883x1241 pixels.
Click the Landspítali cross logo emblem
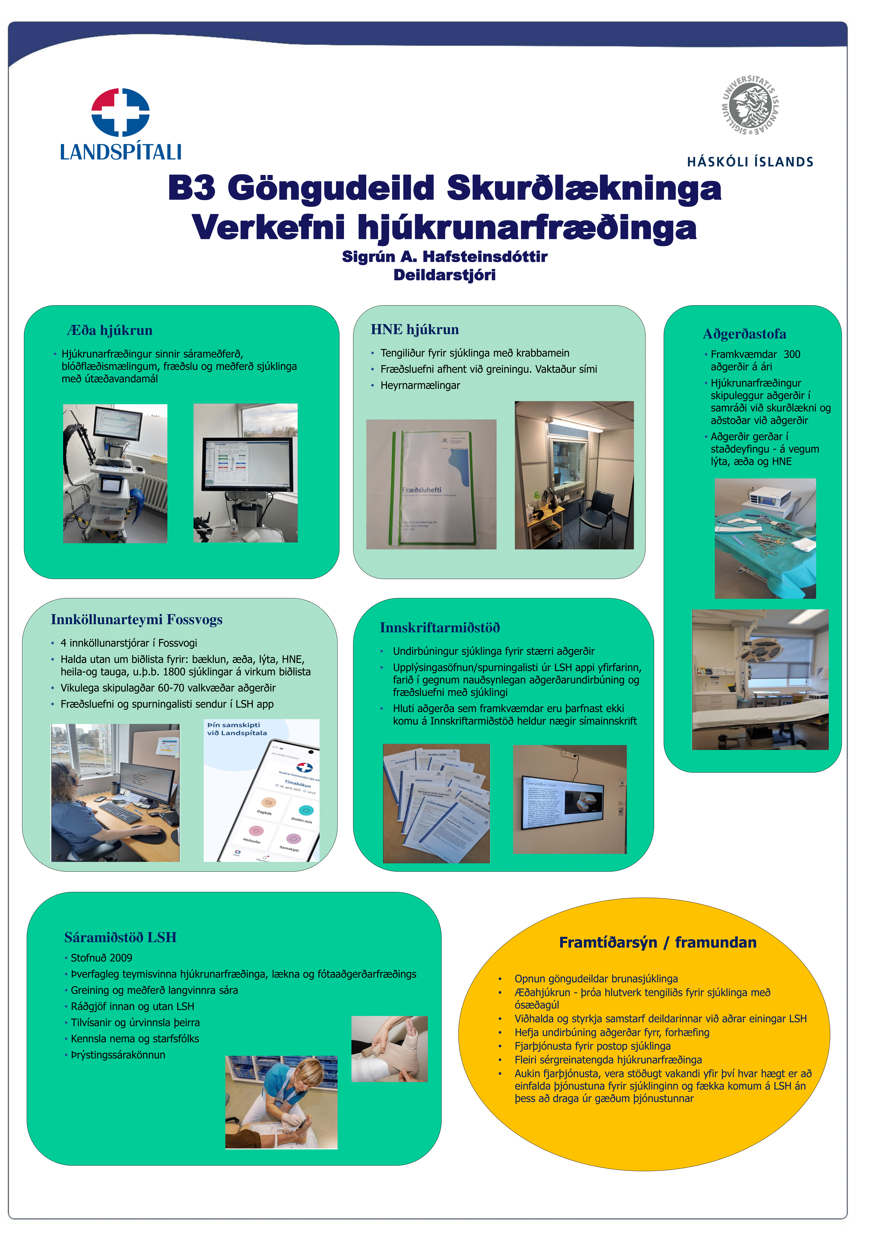[120, 112]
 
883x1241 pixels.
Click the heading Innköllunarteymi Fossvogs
[136, 619]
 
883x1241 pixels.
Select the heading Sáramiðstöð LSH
[120, 937]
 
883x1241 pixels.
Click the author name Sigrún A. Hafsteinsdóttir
[444, 257]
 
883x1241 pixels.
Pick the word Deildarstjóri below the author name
[444, 275]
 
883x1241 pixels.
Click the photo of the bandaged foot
[389, 1048]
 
